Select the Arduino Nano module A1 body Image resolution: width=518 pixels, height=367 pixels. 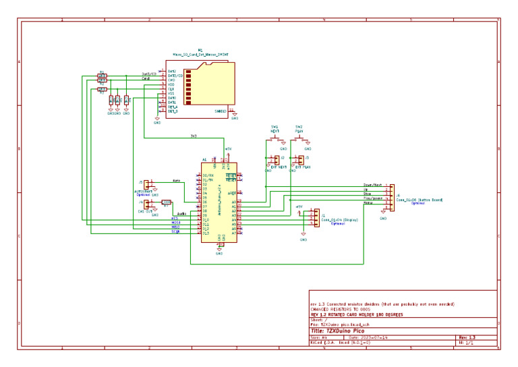click(219, 202)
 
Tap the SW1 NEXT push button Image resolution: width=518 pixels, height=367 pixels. click(275, 140)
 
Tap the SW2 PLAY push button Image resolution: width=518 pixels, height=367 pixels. click(299, 140)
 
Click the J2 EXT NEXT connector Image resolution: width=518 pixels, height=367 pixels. click(276, 160)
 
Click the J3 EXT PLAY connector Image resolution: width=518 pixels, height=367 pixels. click(299, 160)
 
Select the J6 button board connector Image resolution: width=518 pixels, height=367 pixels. click(391, 195)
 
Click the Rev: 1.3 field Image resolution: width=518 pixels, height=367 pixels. click(467, 337)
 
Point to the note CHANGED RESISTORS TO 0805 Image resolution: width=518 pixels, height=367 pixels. click(343, 309)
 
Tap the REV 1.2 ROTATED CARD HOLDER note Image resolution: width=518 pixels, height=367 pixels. click(358, 314)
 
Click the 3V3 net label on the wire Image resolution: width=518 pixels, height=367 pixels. click(194, 137)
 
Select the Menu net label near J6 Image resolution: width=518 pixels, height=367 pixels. click(368, 203)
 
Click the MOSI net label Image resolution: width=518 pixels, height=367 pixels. click(175, 223)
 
